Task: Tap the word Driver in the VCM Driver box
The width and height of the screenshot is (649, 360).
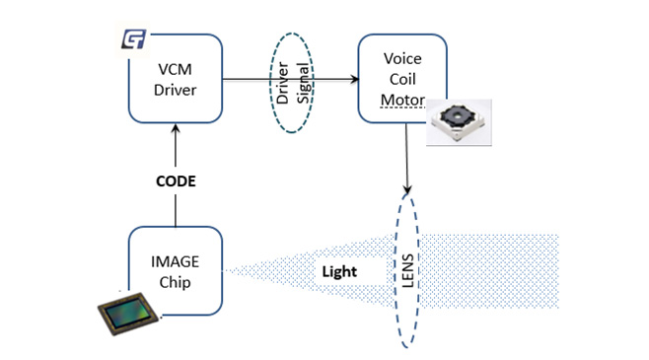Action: [x=176, y=92]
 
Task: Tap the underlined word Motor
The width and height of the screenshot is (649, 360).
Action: [x=401, y=99]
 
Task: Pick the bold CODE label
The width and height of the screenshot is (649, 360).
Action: [x=175, y=183]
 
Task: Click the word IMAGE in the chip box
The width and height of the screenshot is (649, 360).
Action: [x=175, y=261]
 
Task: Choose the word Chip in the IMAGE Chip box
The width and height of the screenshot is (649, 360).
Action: [x=175, y=282]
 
